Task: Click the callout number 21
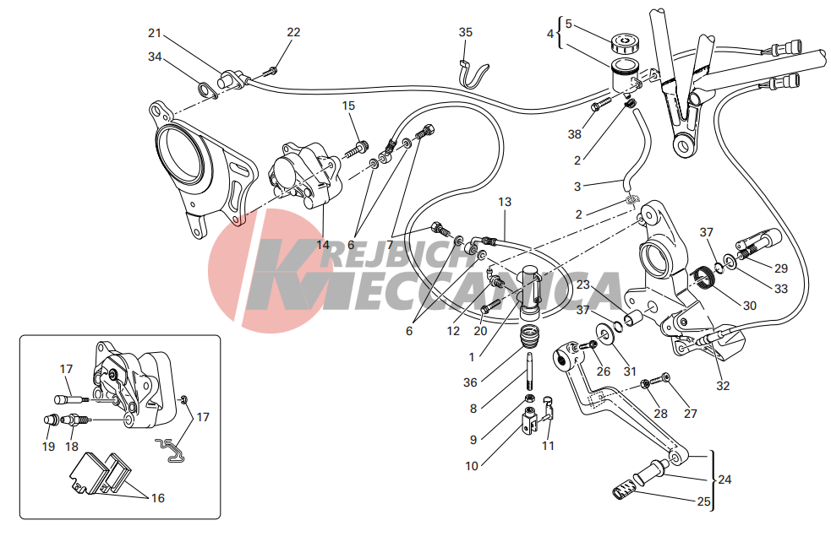click(x=154, y=33)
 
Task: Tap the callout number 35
click(x=465, y=32)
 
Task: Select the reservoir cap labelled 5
click(x=625, y=43)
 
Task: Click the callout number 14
click(x=323, y=245)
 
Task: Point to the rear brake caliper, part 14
click(x=306, y=177)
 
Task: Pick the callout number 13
click(x=505, y=202)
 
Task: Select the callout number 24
click(x=724, y=480)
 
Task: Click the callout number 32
click(x=723, y=386)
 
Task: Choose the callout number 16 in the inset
click(x=157, y=498)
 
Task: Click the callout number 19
click(x=48, y=447)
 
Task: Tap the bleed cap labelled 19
click(x=51, y=420)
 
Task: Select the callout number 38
click(x=575, y=134)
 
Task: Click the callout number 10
click(x=472, y=466)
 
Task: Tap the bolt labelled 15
click(x=357, y=149)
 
